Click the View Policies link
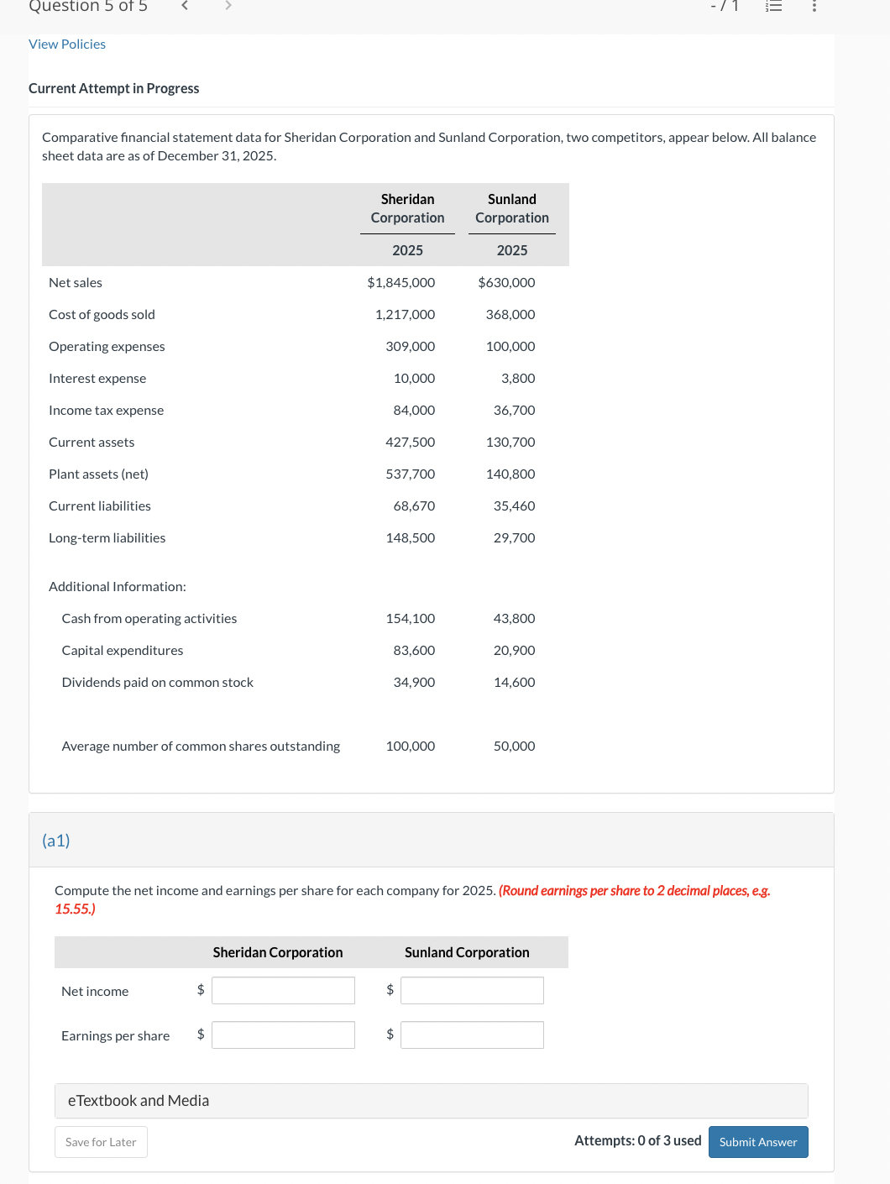point(67,45)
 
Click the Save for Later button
point(101,1142)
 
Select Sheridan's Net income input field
point(283,991)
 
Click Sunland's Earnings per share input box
point(472,1035)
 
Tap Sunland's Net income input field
point(472,991)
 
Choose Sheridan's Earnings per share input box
point(283,1035)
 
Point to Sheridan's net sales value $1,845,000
point(401,283)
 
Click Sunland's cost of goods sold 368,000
point(510,315)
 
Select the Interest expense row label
point(97,379)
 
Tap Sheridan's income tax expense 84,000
point(414,411)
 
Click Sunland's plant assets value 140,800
point(510,474)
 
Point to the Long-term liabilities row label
point(107,538)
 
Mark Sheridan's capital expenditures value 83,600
point(414,651)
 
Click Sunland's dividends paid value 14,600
point(514,683)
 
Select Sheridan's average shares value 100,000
point(410,747)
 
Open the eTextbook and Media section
point(139,1101)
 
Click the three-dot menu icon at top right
point(814,6)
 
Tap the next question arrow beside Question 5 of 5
point(228,6)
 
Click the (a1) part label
point(56,841)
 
